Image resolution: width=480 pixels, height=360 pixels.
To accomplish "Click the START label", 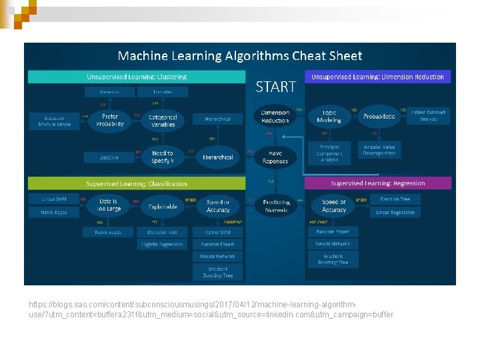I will tap(276, 87).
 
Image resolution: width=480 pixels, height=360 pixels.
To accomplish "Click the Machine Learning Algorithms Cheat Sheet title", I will tap(240, 56).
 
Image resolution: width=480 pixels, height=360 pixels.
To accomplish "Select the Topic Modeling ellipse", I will tap(329, 117).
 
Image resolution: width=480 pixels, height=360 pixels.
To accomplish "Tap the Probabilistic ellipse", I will tap(379, 117).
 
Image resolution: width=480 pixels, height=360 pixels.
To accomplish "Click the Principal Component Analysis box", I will tap(329, 153).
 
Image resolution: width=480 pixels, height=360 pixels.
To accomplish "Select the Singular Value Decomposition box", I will tap(380, 149).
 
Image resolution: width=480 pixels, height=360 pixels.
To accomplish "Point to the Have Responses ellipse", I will tap(275, 157).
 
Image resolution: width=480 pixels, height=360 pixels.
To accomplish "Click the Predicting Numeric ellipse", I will tap(277, 205).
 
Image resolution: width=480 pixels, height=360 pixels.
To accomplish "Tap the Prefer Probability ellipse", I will tap(110, 120).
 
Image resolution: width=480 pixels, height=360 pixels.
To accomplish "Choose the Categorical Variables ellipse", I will tap(163, 120).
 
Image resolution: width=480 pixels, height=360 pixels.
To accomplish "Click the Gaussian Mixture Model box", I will tap(54, 121).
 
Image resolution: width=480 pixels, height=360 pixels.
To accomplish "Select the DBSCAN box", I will tap(110, 157).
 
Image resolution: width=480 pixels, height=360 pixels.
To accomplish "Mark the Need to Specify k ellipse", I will tap(163, 157).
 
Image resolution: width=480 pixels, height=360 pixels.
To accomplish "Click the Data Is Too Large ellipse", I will tap(109, 205).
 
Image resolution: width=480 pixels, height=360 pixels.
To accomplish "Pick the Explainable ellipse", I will tap(163, 206).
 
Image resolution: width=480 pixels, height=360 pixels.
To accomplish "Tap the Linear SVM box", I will tap(54, 199).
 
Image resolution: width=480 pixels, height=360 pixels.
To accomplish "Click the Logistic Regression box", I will tap(162, 245).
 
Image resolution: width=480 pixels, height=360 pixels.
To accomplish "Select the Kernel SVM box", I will tap(217, 232).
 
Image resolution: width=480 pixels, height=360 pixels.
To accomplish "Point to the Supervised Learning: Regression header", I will tap(378, 183).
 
